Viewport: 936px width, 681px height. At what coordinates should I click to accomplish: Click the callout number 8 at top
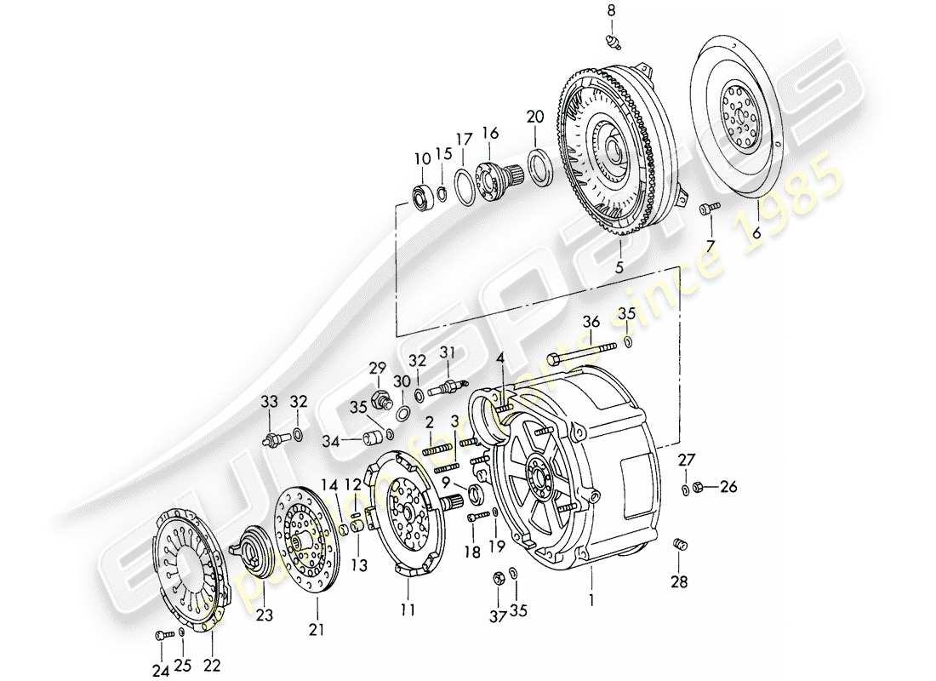609,10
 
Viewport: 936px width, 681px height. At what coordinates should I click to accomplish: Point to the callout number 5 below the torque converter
619,266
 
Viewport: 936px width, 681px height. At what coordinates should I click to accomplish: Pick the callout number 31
448,353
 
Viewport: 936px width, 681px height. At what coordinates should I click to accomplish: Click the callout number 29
377,367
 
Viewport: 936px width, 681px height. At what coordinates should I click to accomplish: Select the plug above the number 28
679,545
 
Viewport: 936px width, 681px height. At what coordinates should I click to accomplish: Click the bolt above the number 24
162,634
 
